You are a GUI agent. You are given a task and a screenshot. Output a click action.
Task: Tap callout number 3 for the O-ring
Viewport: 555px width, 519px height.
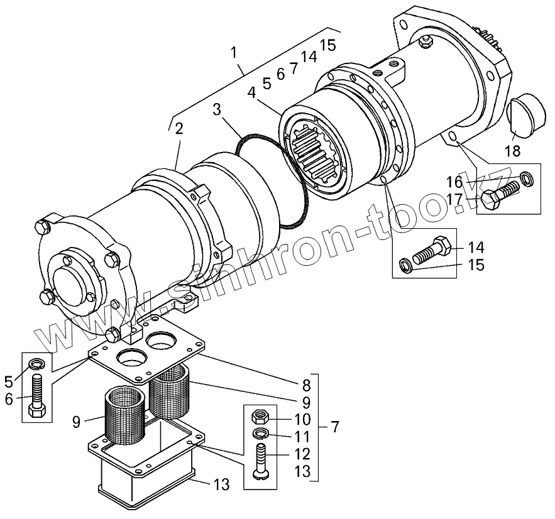coord(217,110)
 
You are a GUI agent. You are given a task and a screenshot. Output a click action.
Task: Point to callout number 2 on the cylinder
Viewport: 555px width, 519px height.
coord(179,129)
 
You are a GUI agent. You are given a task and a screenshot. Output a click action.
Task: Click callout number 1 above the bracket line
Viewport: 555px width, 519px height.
coord(234,52)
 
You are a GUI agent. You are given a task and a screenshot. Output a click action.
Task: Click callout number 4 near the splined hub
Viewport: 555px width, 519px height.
coord(251,92)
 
